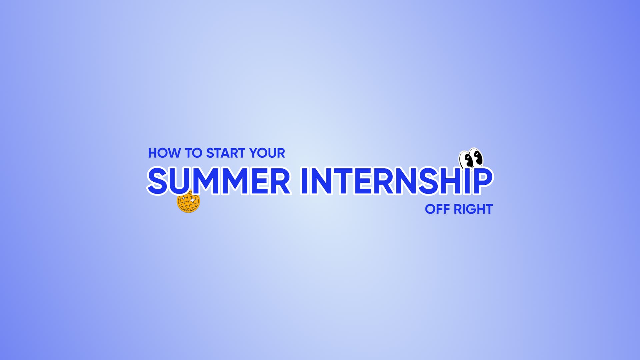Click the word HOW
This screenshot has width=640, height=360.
(165, 153)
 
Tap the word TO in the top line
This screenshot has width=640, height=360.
(194, 153)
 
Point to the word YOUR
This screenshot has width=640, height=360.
(267, 153)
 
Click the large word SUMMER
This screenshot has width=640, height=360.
(219, 181)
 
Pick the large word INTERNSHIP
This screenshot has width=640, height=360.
(396, 181)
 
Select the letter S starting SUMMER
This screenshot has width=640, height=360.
(157, 181)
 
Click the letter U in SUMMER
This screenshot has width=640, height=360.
(181, 181)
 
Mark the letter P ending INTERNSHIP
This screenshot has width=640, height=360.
(483, 181)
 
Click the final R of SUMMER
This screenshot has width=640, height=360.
(280, 181)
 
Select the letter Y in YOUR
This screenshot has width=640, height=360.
(254, 153)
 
